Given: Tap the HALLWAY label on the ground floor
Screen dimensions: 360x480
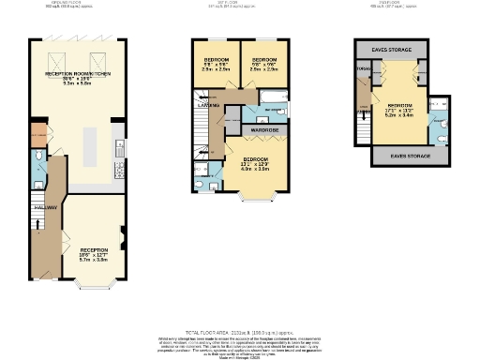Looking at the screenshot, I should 45,207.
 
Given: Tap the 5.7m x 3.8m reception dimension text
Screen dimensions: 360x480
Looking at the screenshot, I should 92,260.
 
